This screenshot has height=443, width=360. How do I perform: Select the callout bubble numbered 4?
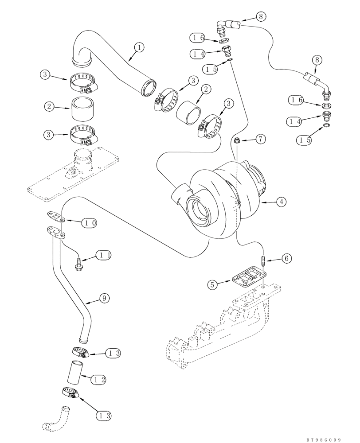(x=281, y=202)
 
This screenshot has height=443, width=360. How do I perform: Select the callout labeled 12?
(x=100, y=380)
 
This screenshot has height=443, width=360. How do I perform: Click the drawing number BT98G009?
(x=323, y=439)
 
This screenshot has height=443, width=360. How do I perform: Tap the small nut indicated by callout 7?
(x=237, y=140)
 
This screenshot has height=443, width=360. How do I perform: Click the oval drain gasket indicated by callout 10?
(x=55, y=217)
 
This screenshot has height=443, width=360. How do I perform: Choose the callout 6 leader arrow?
(x=274, y=258)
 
